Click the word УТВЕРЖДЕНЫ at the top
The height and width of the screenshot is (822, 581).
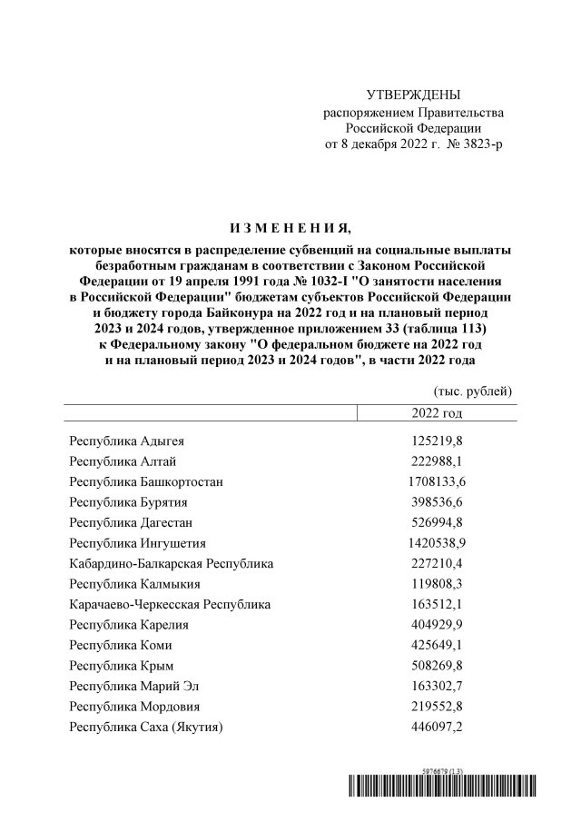tap(413, 95)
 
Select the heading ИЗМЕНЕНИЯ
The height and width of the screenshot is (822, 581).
tap(290, 227)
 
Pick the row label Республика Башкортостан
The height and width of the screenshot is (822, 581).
tap(146, 481)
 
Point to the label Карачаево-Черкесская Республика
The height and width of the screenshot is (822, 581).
tap(169, 604)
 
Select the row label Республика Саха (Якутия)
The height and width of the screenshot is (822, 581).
tap(146, 727)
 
